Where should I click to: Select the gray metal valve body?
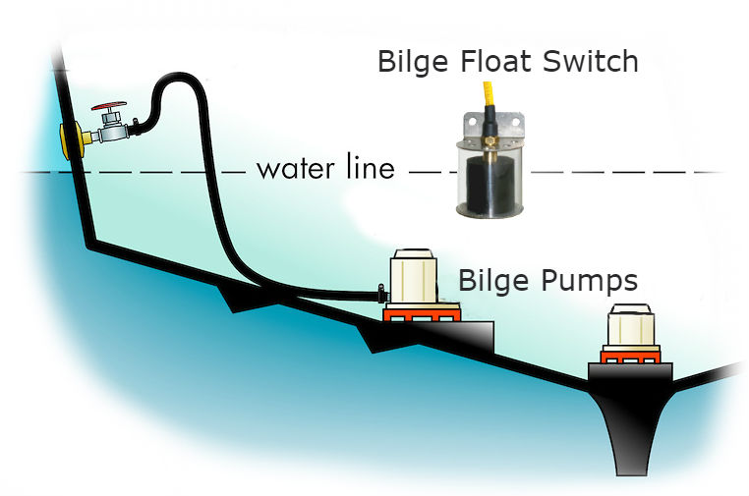(x=109, y=129)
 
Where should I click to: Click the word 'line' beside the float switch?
(x=370, y=168)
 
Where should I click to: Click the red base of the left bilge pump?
(x=421, y=314)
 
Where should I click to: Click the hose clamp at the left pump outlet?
(x=379, y=293)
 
